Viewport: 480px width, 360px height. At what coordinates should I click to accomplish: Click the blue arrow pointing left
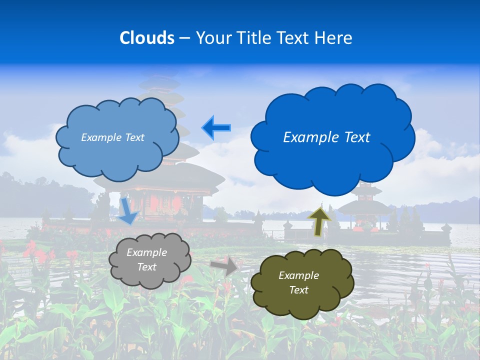click(216, 127)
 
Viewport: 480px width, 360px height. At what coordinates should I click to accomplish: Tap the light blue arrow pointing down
click(128, 210)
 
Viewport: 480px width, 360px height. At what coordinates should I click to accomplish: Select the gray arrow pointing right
click(223, 265)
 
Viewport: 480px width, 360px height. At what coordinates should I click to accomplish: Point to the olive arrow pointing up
click(319, 221)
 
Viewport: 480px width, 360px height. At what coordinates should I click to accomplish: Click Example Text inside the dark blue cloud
click(326, 137)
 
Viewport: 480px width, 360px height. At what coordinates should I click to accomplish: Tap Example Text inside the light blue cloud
click(112, 137)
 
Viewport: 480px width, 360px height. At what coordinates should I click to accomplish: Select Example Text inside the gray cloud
click(146, 259)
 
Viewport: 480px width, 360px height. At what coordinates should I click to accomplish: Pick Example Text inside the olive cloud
click(298, 282)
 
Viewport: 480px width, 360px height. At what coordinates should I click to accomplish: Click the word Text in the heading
click(294, 38)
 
